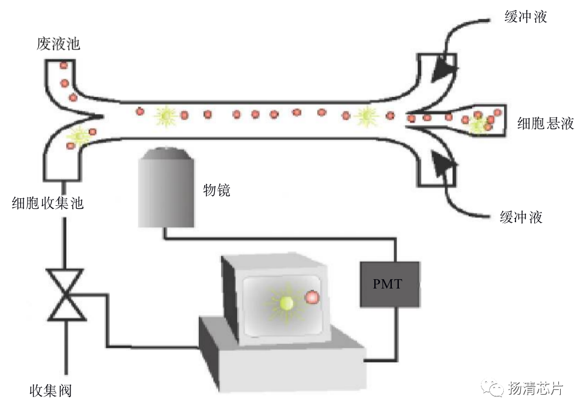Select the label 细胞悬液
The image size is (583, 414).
(545, 123)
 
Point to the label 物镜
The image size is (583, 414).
(216, 190)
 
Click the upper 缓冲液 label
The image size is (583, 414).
(526, 17)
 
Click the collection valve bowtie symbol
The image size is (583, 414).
(66, 295)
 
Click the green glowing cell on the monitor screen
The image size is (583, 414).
(286, 303)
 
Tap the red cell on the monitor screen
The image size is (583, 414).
(312, 298)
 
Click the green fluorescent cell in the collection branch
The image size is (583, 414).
(78, 136)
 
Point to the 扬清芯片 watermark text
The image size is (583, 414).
(535, 388)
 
